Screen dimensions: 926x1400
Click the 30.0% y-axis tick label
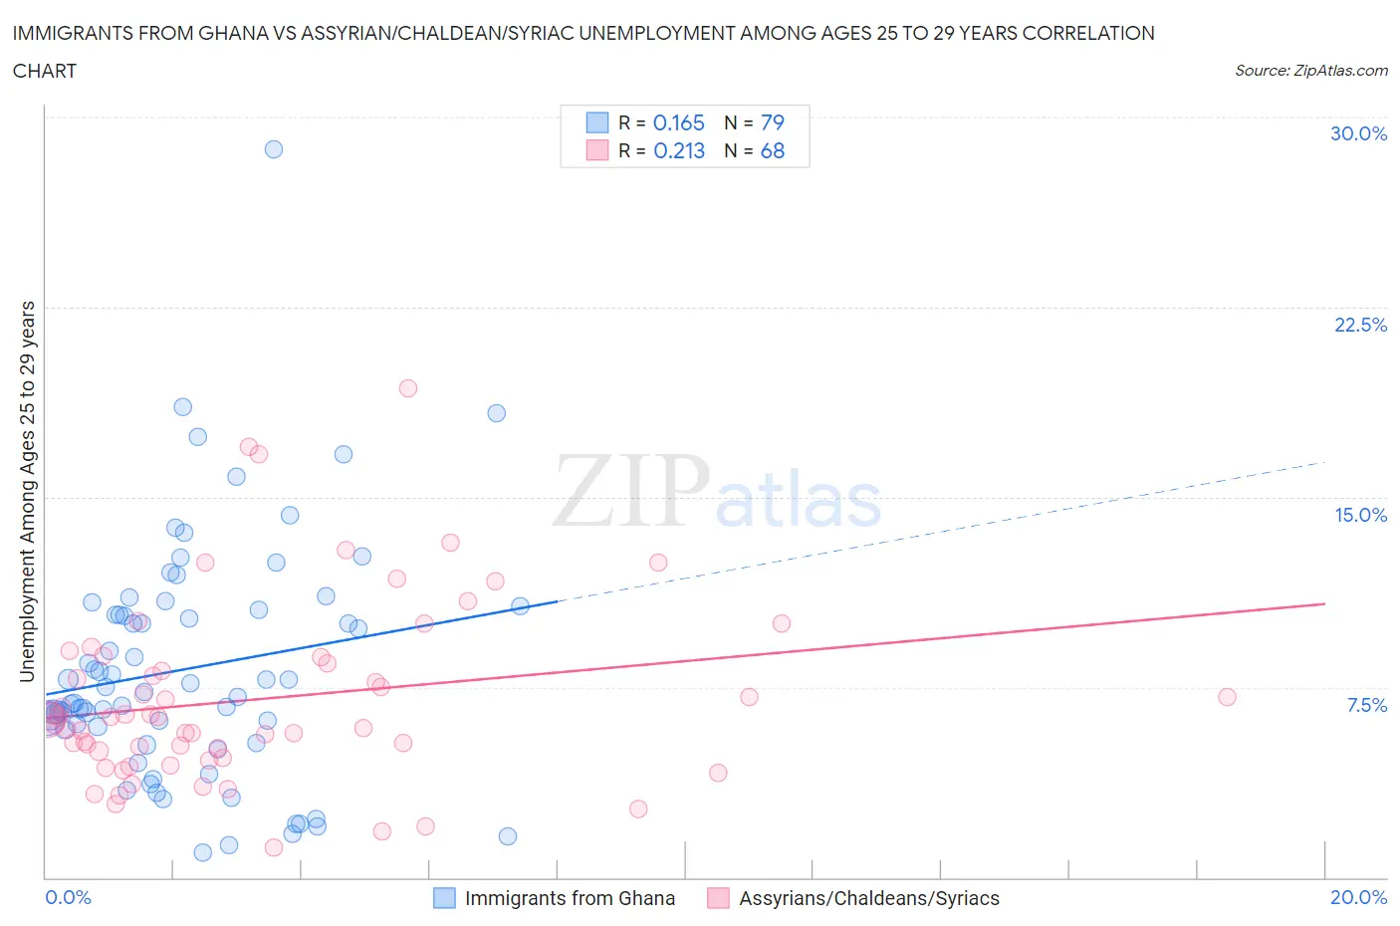[1358, 133]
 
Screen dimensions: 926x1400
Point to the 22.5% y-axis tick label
[1360, 325]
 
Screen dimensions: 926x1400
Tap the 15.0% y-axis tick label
[1360, 515]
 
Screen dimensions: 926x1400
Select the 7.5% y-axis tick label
[1366, 705]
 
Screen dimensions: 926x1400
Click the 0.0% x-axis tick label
[68, 897]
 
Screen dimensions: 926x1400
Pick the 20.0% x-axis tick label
[1358, 897]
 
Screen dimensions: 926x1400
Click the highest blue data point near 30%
[274, 149]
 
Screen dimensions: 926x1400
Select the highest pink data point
[407, 388]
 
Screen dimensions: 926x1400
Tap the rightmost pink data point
[1227, 697]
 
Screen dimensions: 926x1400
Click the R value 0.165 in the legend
[678, 122]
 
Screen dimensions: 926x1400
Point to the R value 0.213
[678, 150]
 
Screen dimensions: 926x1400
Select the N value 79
[772, 122]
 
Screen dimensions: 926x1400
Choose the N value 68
[772, 150]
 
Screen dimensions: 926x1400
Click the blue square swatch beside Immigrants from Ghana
[444, 898]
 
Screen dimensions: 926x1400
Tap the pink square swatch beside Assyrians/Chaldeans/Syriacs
[718, 898]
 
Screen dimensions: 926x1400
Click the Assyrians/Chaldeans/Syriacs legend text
[868, 898]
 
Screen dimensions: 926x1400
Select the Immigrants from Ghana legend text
[570, 898]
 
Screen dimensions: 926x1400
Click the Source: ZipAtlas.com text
[1310, 70]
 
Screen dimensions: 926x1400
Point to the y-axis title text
[28, 492]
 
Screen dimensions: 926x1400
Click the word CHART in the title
[45, 71]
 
